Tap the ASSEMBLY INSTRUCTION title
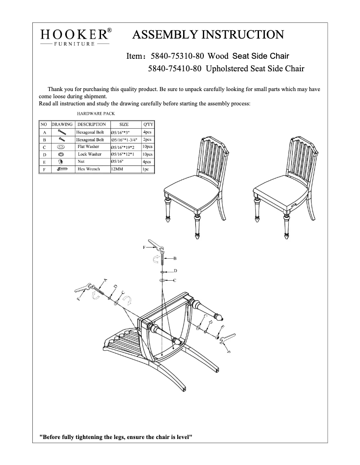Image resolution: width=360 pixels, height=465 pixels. [x=208, y=35]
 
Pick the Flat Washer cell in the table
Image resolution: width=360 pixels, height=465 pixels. [x=88, y=147]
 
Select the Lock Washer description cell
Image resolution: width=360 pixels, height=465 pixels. [x=89, y=154]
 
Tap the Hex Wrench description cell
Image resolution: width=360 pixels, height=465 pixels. [x=89, y=169]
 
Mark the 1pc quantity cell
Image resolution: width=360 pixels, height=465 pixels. [x=145, y=169]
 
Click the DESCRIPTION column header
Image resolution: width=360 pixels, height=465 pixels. [x=92, y=124]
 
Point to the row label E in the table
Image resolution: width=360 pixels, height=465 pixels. [x=44, y=161]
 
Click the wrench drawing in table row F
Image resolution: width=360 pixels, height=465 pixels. [x=61, y=169]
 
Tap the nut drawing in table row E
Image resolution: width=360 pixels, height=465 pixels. [x=61, y=161]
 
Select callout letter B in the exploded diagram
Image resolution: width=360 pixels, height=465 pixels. [x=175, y=259]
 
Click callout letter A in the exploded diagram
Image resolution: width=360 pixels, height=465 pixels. [x=106, y=280]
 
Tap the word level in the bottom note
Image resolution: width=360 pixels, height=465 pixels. [x=184, y=436]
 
